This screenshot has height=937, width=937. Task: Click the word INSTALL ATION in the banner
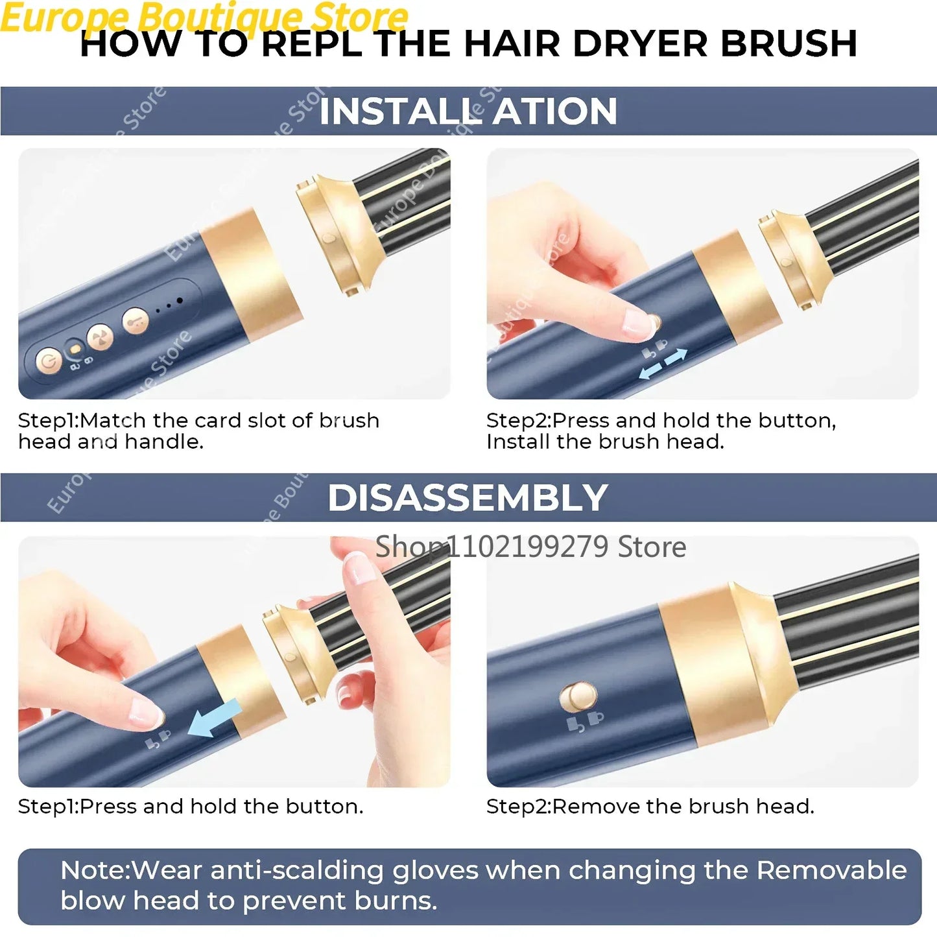(468, 111)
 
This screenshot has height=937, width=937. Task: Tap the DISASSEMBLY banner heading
(468, 498)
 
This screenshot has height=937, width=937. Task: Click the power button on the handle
(49, 361)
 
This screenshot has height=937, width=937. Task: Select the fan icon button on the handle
(101, 337)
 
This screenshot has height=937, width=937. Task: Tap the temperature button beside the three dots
(136, 320)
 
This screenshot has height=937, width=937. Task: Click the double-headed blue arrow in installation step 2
(663, 364)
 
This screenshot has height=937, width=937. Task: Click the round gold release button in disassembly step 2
(578, 697)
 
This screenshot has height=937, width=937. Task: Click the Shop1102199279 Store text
(530, 547)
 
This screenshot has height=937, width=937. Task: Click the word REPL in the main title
(312, 44)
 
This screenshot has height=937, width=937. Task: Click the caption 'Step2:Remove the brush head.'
(650, 806)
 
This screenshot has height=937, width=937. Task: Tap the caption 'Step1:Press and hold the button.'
(191, 806)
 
